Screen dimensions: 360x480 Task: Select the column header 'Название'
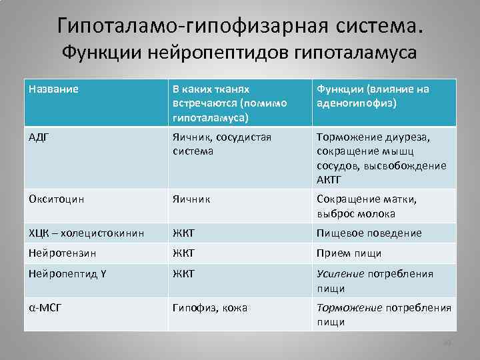tap(53, 89)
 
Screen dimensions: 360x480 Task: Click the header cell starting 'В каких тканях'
tap(229, 103)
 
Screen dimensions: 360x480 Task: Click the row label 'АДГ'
tap(41, 137)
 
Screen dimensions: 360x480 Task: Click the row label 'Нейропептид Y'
tap(65, 273)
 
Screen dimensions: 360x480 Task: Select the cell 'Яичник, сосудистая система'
tap(221, 144)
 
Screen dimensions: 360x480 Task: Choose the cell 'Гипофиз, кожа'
tap(210, 308)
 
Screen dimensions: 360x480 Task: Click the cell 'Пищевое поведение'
tap(369, 233)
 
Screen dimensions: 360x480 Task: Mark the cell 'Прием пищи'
tap(349, 253)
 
